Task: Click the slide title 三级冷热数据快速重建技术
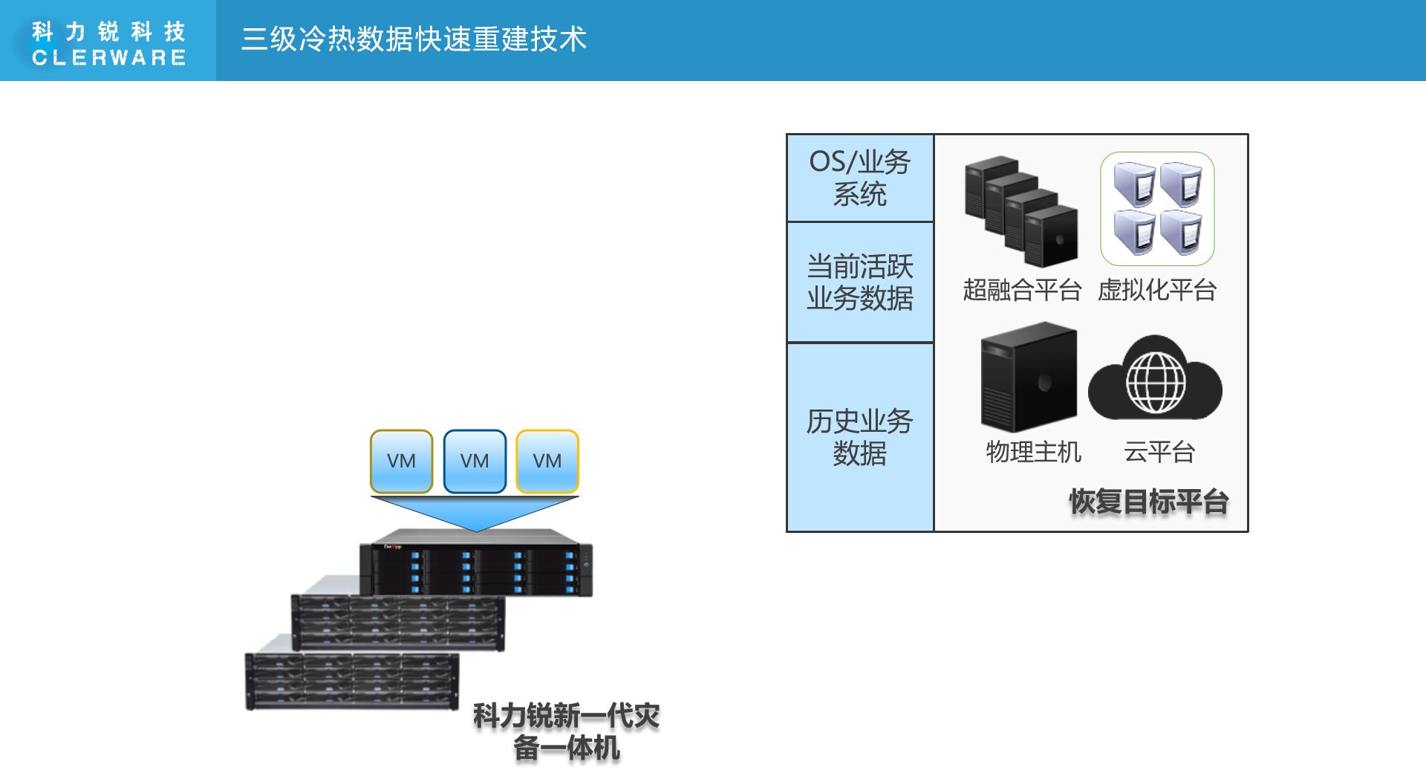(414, 39)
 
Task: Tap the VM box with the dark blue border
(475, 461)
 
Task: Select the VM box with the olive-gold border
(401, 461)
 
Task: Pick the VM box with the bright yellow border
(547, 461)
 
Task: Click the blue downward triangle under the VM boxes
(475, 511)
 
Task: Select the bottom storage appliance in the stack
(351, 680)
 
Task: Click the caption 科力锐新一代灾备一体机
(566, 731)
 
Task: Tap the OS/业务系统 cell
(860, 178)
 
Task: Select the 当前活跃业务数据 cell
(860, 282)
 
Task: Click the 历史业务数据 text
(860, 437)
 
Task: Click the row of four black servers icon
(1021, 212)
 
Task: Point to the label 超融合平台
(1022, 290)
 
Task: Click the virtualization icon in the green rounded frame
(1157, 209)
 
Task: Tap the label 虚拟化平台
(1157, 290)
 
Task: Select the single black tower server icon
(1029, 377)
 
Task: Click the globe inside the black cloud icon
(1156, 382)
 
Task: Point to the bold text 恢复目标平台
(1148, 502)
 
